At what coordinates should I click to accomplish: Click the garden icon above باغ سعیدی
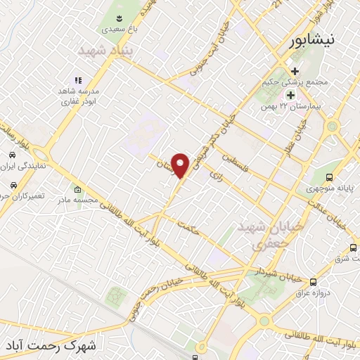pos(117,18)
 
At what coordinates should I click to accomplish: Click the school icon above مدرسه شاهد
pos(78,81)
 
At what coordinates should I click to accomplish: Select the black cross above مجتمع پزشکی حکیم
pos(295,71)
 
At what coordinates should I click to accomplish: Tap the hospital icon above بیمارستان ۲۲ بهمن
pos(289,95)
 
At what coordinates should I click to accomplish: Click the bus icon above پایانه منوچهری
pos(330,178)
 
